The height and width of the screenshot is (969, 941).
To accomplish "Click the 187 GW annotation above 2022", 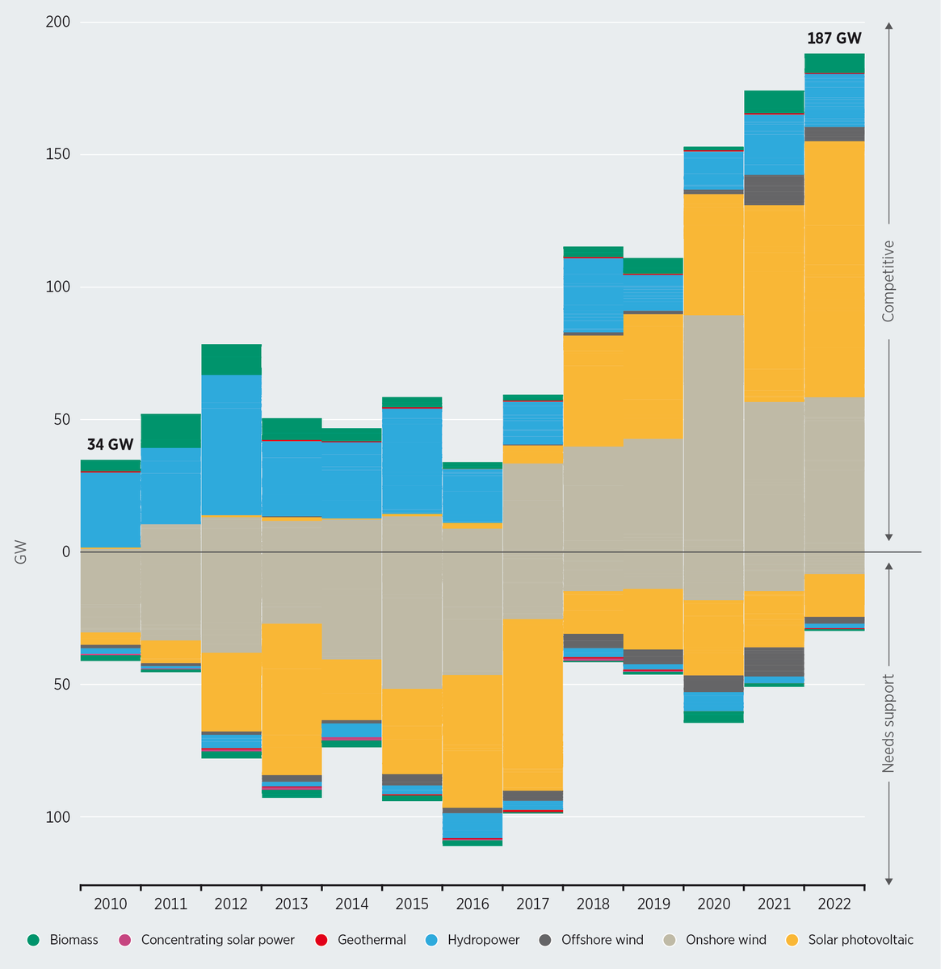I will click(x=834, y=38).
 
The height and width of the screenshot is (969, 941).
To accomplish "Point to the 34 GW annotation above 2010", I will click(x=110, y=444).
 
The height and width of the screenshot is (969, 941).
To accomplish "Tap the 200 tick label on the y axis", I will click(x=59, y=23).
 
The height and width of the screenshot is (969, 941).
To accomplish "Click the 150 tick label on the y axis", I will click(x=59, y=154).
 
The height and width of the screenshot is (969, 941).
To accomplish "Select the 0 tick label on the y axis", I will click(x=66, y=552).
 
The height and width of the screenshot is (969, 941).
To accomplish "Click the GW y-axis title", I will click(x=20, y=552).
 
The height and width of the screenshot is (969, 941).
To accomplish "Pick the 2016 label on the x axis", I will click(x=472, y=904).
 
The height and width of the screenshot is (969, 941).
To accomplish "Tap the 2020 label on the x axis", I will click(x=713, y=904).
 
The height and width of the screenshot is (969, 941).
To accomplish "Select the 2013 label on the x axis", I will click(x=291, y=904).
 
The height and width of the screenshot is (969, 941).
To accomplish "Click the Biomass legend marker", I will click(x=33, y=940).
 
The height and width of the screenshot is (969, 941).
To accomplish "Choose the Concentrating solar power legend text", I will click(x=217, y=940).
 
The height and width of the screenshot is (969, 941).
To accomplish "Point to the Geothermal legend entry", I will click(x=363, y=940).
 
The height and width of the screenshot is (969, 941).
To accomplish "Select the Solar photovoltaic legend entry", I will click(x=850, y=940).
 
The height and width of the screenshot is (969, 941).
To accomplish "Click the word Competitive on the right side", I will click(x=888, y=281).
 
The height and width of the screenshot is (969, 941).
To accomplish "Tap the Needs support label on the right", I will click(x=888, y=723).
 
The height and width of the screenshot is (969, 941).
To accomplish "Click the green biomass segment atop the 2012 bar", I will click(x=231, y=359).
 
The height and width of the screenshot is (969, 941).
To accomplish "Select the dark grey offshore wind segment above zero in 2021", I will click(x=774, y=190).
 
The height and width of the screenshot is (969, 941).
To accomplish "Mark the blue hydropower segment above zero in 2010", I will click(x=110, y=509).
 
